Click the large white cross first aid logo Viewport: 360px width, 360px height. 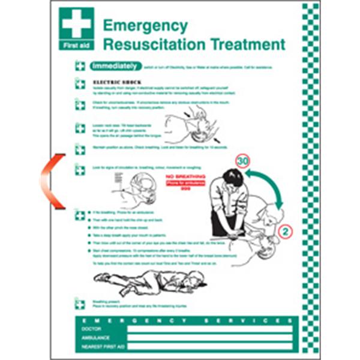pos(76,25)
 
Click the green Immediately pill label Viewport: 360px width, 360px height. pos(115,67)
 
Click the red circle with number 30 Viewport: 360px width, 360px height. pos(242,161)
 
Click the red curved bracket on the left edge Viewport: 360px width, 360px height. pos(49,182)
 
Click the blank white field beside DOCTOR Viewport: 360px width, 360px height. pos(210,329)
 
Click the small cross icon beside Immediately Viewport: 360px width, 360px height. pos(80,67)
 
